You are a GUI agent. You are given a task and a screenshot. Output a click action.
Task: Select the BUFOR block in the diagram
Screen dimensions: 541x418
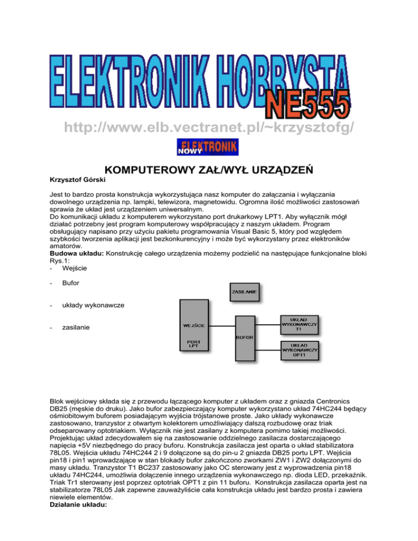(244, 337)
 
